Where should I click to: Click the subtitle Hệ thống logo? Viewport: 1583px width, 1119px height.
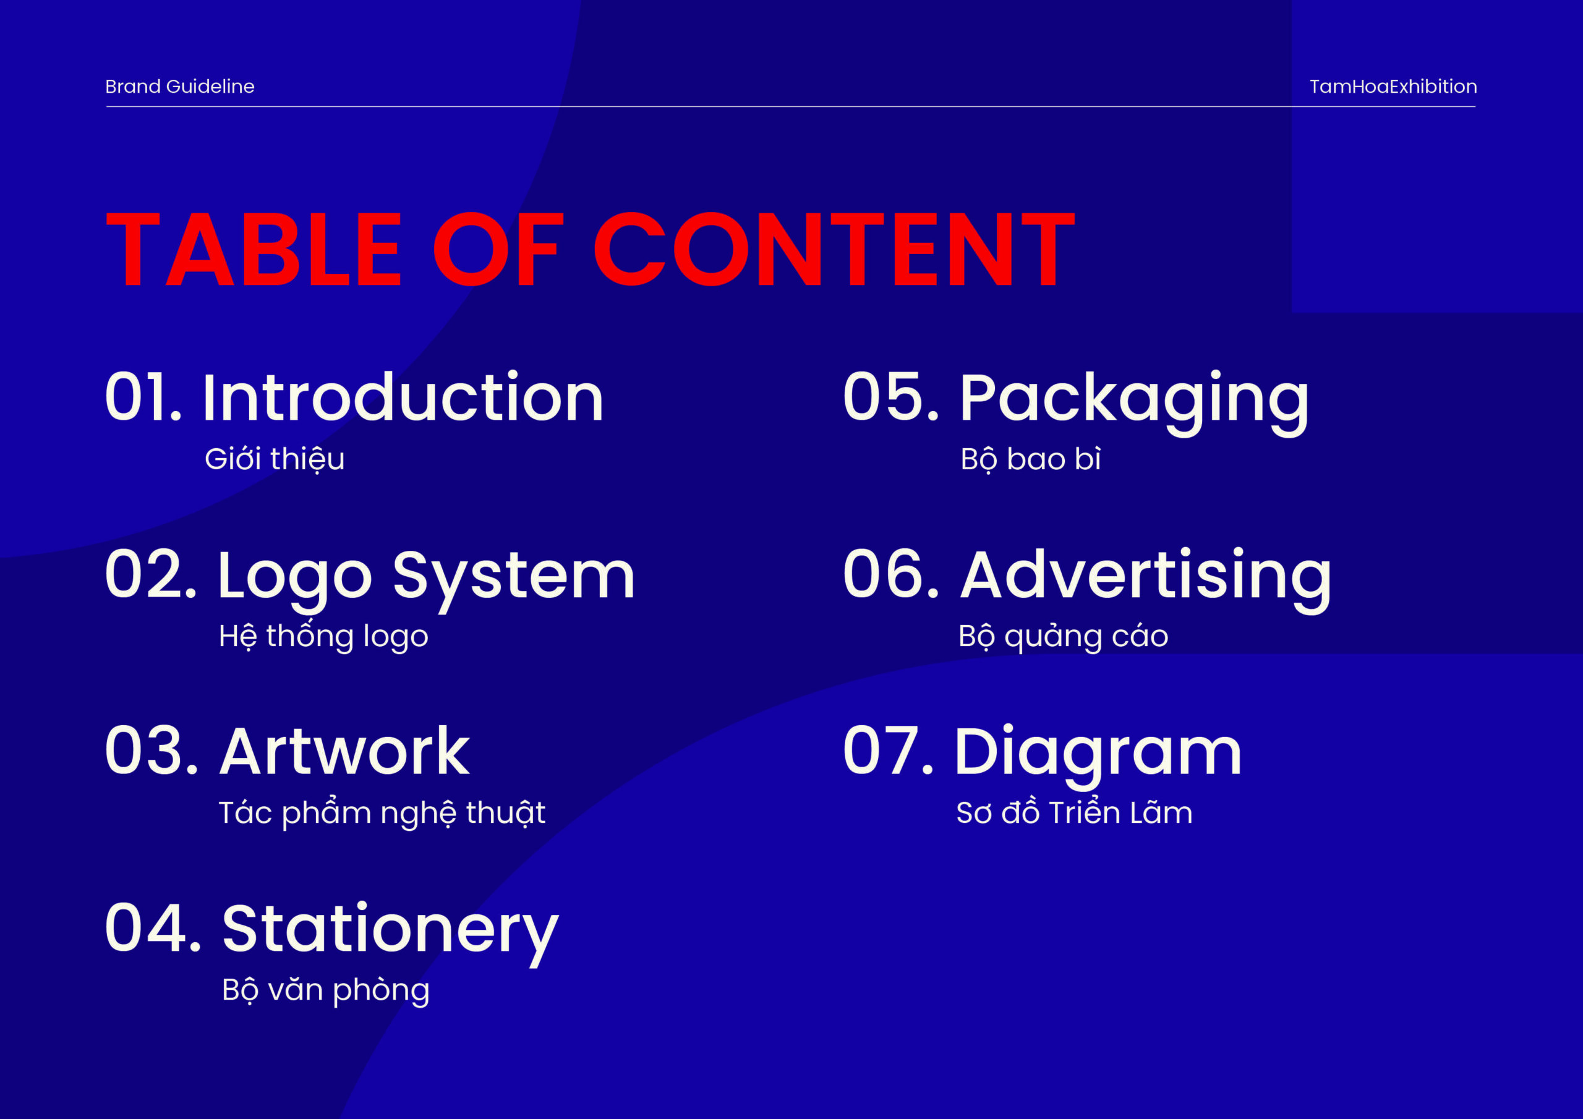point(323,636)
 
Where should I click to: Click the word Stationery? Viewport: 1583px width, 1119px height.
point(390,932)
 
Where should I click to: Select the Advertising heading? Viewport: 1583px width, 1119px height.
point(1146,579)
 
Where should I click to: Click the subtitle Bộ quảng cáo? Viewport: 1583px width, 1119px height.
point(1063,636)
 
